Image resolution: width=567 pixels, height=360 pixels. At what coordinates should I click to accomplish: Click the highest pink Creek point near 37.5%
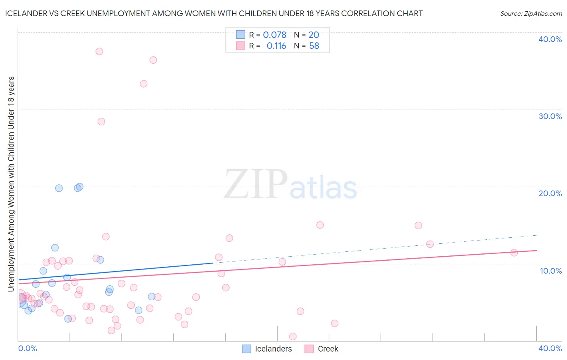(x=99, y=52)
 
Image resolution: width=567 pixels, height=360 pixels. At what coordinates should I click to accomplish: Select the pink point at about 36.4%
(x=153, y=60)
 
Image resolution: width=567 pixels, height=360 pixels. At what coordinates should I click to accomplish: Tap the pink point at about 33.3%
(x=144, y=84)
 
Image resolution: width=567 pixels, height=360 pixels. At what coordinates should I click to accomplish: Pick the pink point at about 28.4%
(x=101, y=121)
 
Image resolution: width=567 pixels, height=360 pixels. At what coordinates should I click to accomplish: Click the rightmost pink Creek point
(x=514, y=253)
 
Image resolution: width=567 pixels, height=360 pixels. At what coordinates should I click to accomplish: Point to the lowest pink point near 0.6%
(x=293, y=337)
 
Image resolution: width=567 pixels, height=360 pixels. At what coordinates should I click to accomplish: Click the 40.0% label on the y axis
(x=550, y=39)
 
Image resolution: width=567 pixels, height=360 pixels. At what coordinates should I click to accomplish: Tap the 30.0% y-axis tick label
(x=550, y=116)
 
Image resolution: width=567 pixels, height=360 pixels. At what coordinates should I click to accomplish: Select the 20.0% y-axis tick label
(x=550, y=193)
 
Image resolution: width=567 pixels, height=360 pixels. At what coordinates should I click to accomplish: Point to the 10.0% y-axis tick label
(x=551, y=271)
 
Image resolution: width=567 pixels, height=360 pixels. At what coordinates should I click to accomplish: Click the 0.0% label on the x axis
(x=28, y=348)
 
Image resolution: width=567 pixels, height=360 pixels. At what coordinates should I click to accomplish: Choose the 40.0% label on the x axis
(x=550, y=348)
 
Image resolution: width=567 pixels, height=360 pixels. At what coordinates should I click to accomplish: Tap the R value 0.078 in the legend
(x=275, y=35)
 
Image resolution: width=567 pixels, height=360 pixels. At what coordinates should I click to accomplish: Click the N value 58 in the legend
(x=314, y=46)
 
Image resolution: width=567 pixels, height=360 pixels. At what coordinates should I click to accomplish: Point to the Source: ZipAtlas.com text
(x=531, y=14)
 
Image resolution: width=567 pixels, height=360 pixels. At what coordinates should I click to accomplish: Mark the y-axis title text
(x=11, y=184)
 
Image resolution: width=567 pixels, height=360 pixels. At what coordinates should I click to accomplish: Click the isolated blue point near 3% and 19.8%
(x=59, y=188)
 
